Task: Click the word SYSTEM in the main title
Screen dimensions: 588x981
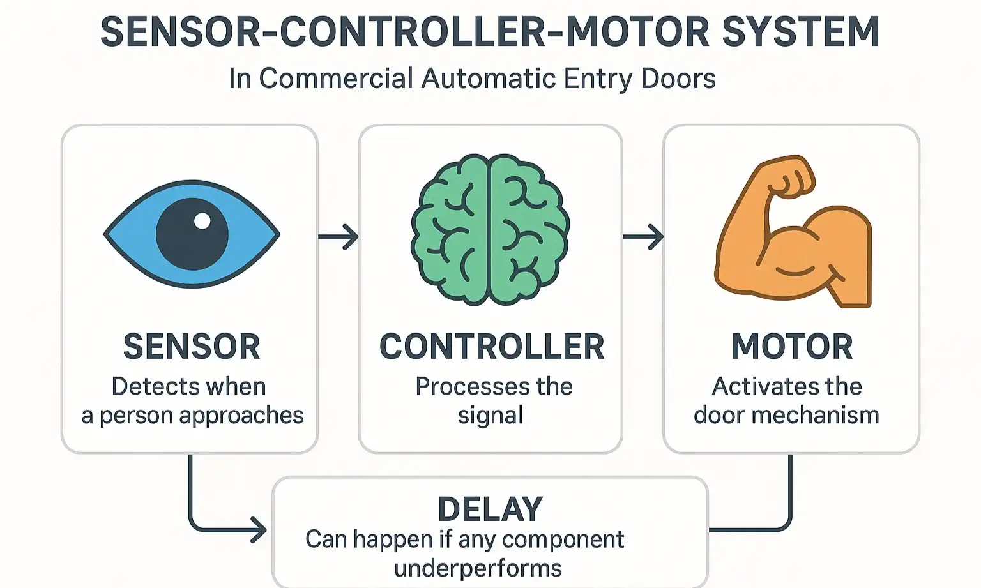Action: pos(801,32)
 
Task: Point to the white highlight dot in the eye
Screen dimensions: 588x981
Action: pos(202,221)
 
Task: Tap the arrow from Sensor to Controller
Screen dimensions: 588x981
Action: pos(338,237)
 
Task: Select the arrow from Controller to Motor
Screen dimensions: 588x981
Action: pos(643,237)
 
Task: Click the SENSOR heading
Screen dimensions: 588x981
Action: pos(192,347)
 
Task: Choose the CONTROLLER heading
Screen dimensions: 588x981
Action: pos(491,347)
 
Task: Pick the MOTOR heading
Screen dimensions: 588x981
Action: pos(792,347)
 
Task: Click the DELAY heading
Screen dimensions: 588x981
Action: pos(490,509)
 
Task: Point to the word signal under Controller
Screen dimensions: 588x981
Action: pos(490,416)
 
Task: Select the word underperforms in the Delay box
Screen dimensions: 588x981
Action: pos(478,568)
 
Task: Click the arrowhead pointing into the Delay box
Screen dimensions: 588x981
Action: pos(259,530)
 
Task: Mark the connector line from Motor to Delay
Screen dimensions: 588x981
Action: pos(790,504)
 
